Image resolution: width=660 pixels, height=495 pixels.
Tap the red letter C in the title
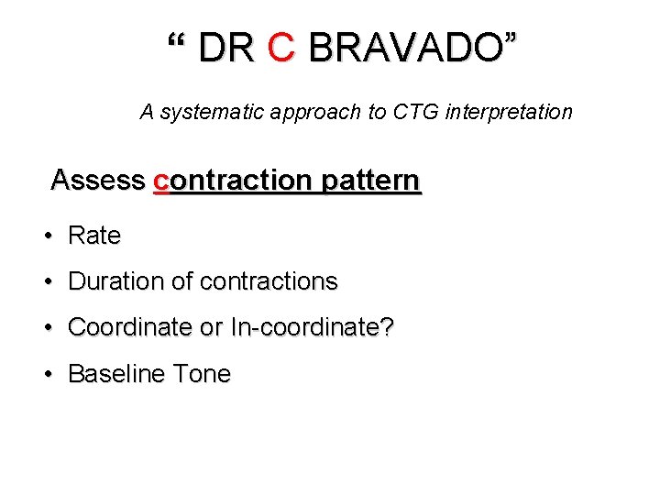pyautogui.click(x=280, y=48)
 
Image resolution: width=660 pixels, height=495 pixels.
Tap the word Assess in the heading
pyautogui.click(x=98, y=180)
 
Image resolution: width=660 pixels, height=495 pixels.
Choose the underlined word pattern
pyautogui.click(x=371, y=181)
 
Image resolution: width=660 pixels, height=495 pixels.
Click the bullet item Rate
pyautogui.click(x=94, y=236)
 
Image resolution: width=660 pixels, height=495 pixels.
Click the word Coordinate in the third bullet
pyautogui.click(x=131, y=327)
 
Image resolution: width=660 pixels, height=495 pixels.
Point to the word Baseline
pyautogui.click(x=118, y=374)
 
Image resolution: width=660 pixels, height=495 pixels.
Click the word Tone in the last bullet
pyautogui.click(x=203, y=374)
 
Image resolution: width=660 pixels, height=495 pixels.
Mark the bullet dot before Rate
pyautogui.click(x=47, y=236)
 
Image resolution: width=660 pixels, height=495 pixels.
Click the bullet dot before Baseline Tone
pyautogui.click(x=47, y=375)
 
